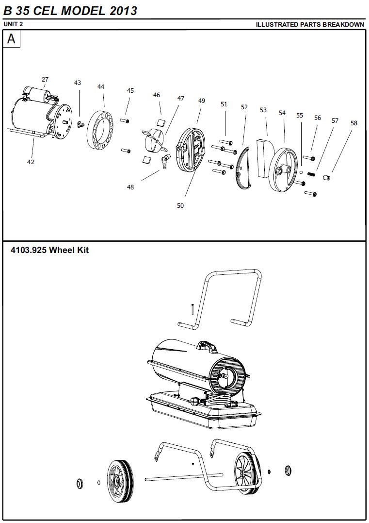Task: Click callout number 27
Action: tap(45, 79)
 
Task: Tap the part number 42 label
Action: tap(31, 162)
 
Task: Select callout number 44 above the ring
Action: tap(101, 87)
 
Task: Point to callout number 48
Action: tap(130, 187)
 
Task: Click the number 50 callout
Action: tap(180, 206)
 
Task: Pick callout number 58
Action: tap(353, 123)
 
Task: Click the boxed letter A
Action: tap(11, 39)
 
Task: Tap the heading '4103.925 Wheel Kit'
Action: tap(50, 250)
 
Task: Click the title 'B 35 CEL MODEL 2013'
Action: tap(70, 11)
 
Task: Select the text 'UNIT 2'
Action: tap(13, 24)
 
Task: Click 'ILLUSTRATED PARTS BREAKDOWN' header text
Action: tap(310, 25)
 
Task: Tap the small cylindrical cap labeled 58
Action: tap(326, 176)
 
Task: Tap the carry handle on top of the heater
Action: tap(207, 347)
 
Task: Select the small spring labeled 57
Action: tap(311, 174)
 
